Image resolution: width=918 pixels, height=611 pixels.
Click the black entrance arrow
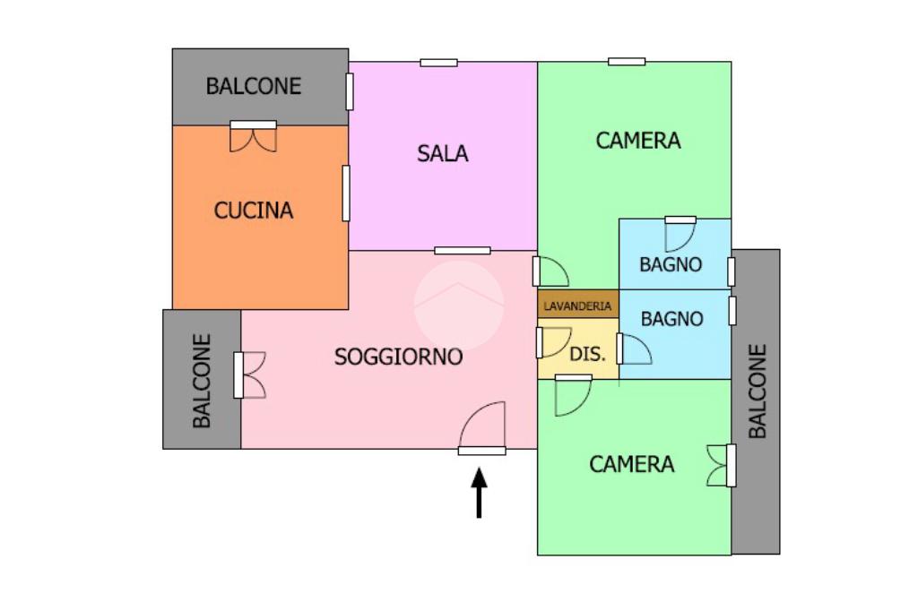(479, 493)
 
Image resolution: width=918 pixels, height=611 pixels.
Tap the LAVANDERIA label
(577, 306)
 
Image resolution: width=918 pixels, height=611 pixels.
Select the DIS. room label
(587, 354)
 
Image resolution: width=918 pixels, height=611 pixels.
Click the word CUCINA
(254, 211)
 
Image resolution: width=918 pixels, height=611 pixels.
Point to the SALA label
(443, 153)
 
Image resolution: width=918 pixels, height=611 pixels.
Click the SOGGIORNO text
(399, 357)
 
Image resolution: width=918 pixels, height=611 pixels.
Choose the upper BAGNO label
(671, 264)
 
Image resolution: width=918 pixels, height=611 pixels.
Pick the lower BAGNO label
(671, 319)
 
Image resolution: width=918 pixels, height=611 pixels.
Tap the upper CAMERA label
(638, 141)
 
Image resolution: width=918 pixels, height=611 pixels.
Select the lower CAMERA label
(632, 464)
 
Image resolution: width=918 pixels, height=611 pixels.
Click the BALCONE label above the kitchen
(254, 86)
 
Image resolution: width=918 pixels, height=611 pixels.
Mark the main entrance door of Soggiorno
(481, 428)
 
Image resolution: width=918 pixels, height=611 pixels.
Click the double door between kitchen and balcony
(254, 136)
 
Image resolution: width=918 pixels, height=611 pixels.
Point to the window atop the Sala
(438, 63)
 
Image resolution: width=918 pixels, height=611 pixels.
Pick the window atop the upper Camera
(627, 62)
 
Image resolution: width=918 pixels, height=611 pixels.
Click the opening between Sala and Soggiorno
(463, 251)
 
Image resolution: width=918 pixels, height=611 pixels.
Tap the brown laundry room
(578, 304)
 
